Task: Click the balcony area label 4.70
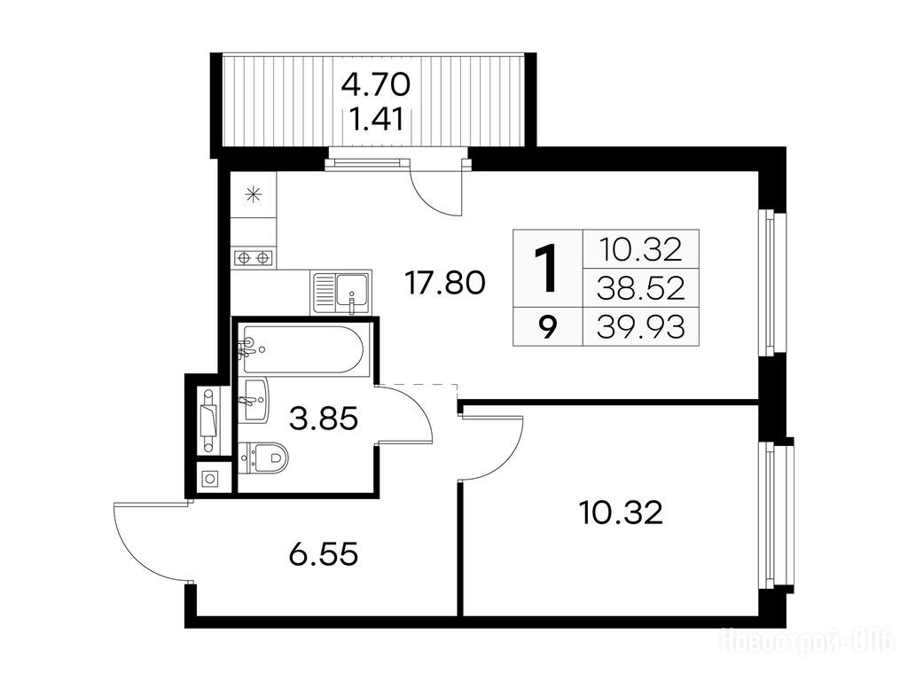coord(376,86)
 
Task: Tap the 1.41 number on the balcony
coord(378,121)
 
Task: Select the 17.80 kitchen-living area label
coord(445,283)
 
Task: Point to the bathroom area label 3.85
coord(324,419)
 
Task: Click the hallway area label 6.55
coord(323,555)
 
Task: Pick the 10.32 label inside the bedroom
coord(621,513)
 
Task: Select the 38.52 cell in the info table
coord(641,288)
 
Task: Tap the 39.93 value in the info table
coord(641,326)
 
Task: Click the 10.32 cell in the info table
coord(641,249)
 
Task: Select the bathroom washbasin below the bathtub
coord(254,400)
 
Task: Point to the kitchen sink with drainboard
coord(340,292)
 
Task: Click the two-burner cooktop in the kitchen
coord(253,256)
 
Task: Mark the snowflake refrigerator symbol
coord(254,194)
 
